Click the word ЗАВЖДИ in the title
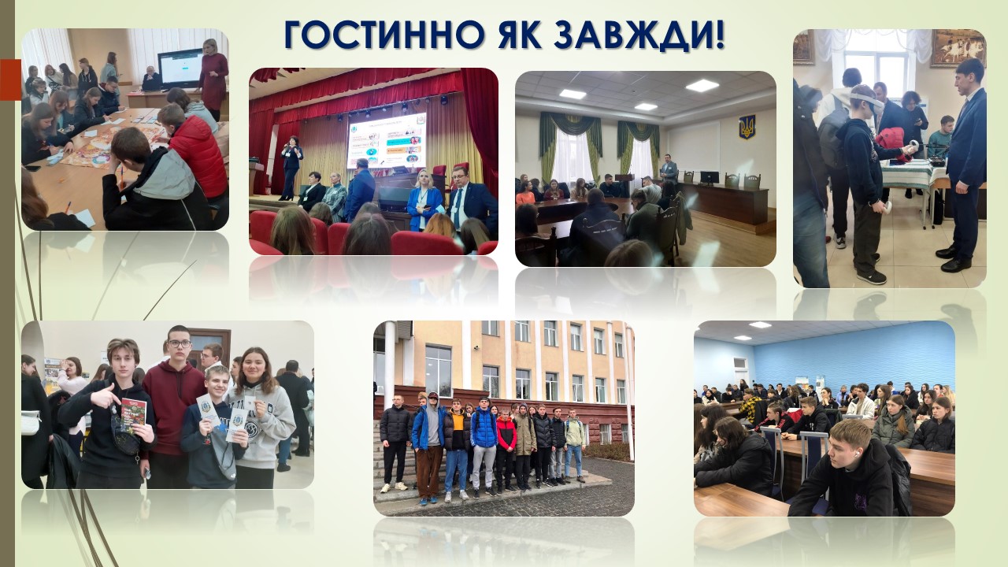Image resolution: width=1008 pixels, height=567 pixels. [x=639, y=35]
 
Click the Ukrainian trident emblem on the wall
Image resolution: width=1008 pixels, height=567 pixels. [x=747, y=127]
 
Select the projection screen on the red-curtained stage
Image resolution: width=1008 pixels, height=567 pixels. [x=387, y=140]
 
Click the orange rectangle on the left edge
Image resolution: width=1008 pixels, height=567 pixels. [x=10, y=80]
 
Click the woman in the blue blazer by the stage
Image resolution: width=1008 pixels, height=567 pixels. [x=424, y=200]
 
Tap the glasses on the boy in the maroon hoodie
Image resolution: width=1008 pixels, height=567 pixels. [x=180, y=344]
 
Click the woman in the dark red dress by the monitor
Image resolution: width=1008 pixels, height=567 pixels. [x=213, y=79]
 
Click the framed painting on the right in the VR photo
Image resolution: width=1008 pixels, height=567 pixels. [x=958, y=48]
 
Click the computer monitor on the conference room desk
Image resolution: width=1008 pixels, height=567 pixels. [x=710, y=178]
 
